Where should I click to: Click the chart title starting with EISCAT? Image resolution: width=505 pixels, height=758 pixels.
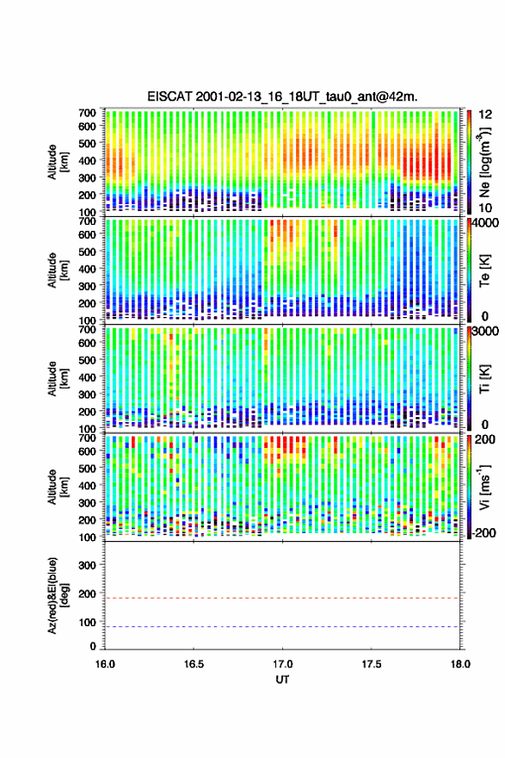pos(282,96)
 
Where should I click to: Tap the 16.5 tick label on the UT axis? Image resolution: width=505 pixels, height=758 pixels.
pos(194,664)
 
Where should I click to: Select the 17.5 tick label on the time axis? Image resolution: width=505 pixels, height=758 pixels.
pos(372,664)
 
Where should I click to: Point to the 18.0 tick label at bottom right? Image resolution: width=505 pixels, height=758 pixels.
pos(460,664)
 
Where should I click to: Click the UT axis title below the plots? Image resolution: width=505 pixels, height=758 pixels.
pos(282,680)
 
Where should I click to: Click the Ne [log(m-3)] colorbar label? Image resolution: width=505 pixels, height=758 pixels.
pos(485,162)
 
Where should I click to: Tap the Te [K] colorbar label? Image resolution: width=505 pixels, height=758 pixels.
pos(485,271)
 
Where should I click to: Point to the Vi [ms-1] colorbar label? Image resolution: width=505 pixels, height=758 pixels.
pos(485,488)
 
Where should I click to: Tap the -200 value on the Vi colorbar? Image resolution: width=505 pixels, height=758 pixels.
pos(483,532)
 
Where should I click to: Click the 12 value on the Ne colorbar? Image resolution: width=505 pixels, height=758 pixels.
pos(485,115)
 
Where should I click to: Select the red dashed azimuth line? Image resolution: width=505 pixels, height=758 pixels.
pos(282,598)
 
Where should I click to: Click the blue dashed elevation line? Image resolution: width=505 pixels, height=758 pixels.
pos(282,627)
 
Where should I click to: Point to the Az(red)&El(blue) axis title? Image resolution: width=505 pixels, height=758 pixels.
pos(57,595)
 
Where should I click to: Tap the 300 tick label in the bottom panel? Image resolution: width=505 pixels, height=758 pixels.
pos(88,566)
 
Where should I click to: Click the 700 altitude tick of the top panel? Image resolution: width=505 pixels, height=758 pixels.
pos(88,113)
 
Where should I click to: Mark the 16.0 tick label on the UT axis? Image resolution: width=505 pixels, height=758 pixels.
pos(105,664)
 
